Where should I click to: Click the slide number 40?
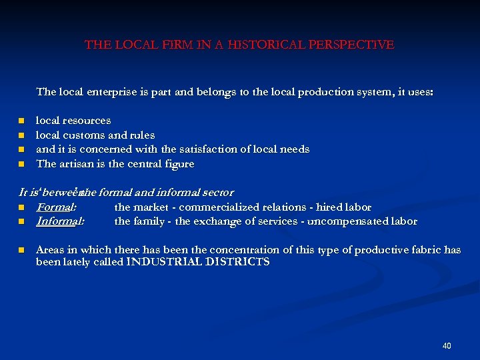[447, 346]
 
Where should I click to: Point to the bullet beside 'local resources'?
[21, 121]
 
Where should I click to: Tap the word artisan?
[75, 164]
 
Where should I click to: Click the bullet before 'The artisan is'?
[21, 164]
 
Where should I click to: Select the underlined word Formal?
[55, 207]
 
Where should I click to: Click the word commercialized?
[214, 207]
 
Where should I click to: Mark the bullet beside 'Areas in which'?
[21, 250]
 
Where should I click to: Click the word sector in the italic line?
[217, 193]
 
